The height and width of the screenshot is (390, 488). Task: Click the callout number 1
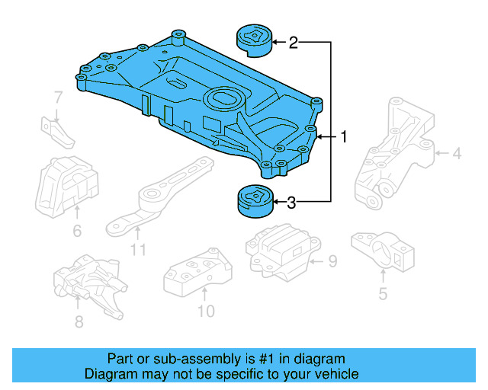344,137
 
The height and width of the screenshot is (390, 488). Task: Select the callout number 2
293,43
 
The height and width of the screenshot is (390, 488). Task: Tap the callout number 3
291,203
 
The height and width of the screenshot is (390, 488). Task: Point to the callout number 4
456,155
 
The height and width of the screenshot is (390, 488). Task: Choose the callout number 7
58,97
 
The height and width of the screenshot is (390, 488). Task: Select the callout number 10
206,311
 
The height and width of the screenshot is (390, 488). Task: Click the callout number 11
138,249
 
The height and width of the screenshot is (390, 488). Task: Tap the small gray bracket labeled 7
59,133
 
